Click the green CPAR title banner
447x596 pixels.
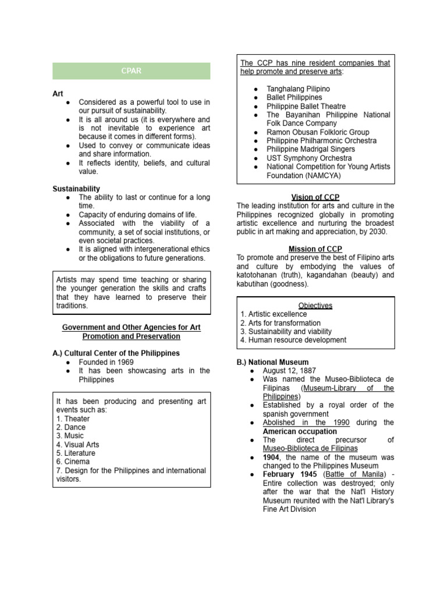(x=131, y=71)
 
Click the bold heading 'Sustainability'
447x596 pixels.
(x=76, y=189)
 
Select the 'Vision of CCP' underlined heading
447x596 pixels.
(x=315, y=197)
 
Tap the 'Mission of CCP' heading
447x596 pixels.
(x=315, y=249)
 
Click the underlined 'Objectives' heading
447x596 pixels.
(x=315, y=305)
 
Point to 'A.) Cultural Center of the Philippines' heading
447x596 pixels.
(x=116, y=353)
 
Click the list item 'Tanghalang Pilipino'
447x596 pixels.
(x=298, y=89)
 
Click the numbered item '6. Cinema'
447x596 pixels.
(x=72, y=462)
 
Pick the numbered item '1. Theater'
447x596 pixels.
(x=73, y=418)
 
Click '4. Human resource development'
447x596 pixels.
(x=293, y=340)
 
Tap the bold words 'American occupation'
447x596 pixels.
(x=300, y=431)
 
